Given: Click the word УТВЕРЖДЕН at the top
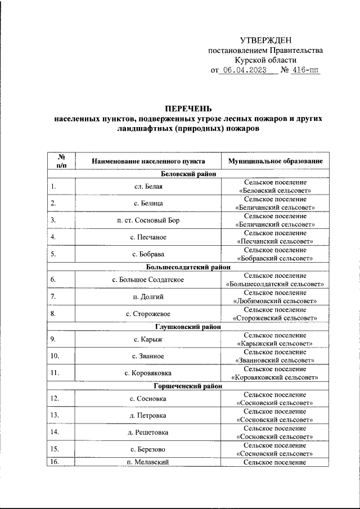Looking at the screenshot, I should click(x=265, y=40).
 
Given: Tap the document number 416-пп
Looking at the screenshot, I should click(x=304, y=71).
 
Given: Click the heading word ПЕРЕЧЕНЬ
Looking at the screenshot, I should click(x=188, y=108).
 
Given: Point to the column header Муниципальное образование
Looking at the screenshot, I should click(x=275, y=161).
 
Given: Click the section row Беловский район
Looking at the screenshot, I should click(x=188, y=174).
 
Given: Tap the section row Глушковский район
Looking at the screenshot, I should click(x=188, y=326).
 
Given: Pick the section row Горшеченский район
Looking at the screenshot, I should click(x=188, y=386).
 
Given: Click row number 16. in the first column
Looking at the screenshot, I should click(x=55, y=462).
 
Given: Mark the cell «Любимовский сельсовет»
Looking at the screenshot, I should click(x=275, y=301).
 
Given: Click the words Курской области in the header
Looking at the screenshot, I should click(x=265, y=60).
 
